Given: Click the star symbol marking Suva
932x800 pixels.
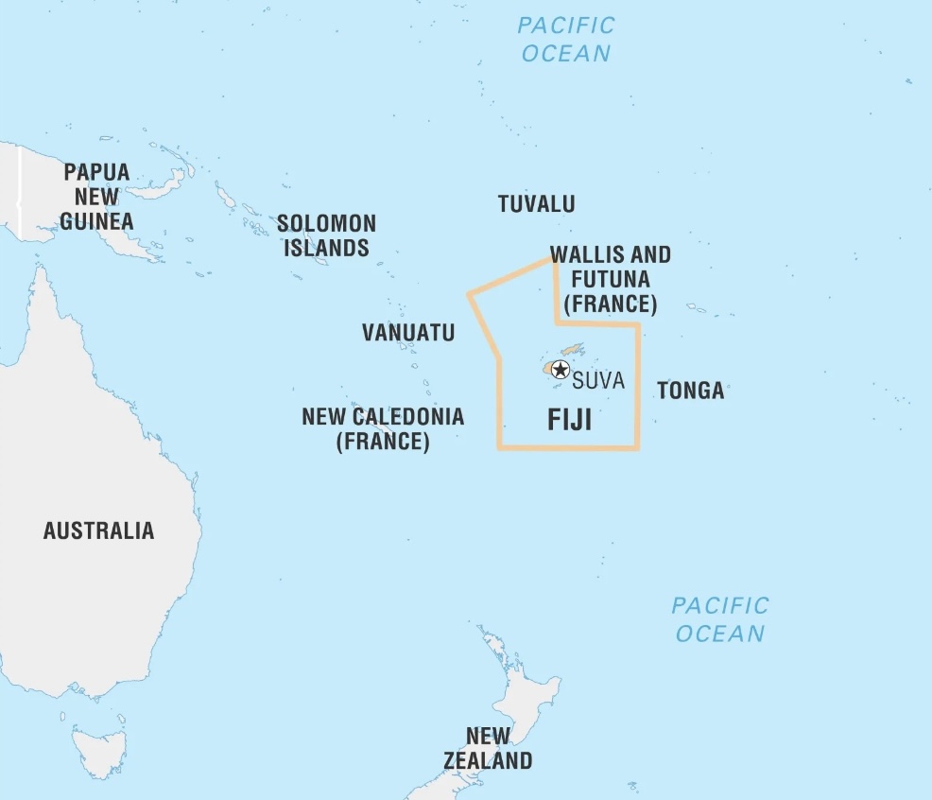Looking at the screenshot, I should tap(561, 370).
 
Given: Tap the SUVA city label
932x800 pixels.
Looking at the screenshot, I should tap(598, 381).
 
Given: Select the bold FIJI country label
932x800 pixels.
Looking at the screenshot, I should tap(570, 420).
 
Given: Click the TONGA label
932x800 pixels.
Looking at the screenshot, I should tap(690, 391).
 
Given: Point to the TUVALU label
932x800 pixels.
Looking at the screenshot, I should tap(536, 204).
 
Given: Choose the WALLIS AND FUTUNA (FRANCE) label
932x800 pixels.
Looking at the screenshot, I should tap(610, 279).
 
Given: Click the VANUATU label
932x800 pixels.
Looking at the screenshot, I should tap(408, 333).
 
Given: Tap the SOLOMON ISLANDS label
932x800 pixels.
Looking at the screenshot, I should tap(326, 236).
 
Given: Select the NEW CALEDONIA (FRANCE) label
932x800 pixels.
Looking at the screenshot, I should tap(383, 428).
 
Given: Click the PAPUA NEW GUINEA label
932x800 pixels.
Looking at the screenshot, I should tap(96, 197).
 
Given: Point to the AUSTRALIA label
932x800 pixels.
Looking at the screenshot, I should tap(98, 530).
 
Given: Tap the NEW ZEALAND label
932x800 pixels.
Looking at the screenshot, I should tap(488, 748).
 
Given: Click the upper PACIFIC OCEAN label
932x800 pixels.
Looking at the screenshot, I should tap(566, 39).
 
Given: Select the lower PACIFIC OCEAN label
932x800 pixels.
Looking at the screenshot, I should tap(720, 618).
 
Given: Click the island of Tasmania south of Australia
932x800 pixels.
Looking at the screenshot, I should tap(98, 752).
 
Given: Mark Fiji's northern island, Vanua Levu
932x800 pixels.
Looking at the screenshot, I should tap(572, 350).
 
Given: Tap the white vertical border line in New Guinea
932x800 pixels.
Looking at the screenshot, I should tap(20, 189).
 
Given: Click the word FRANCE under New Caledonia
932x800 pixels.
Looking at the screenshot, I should tap(383, 442).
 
